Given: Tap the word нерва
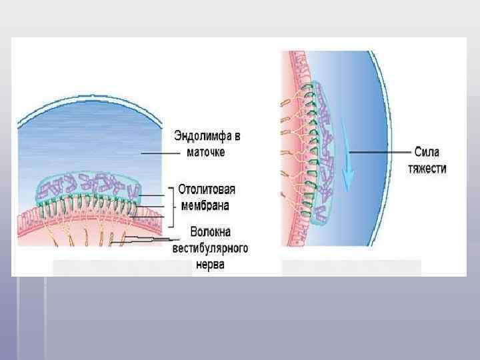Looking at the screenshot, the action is tap(209, 264).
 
